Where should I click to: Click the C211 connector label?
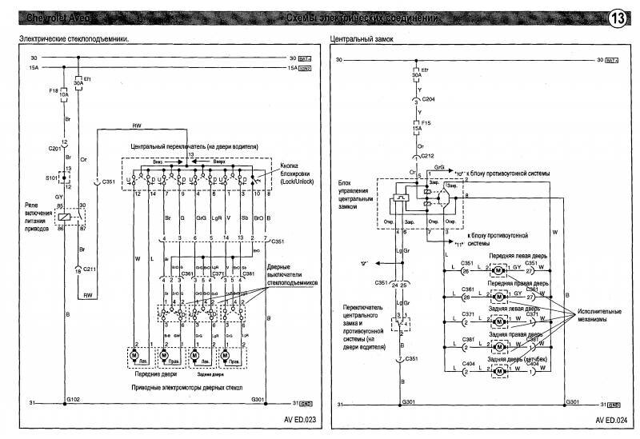(x=87, y=268)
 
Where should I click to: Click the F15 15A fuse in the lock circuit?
(x=416, y=126)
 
